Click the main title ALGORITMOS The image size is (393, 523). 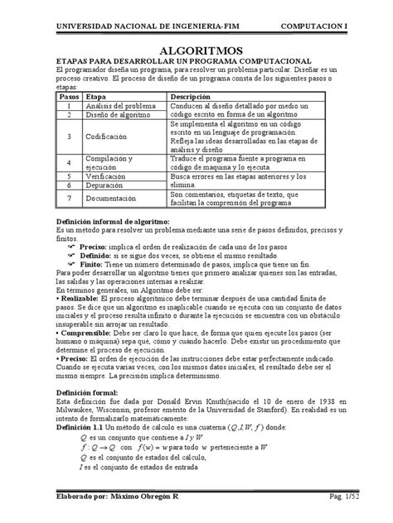[196, 51]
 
